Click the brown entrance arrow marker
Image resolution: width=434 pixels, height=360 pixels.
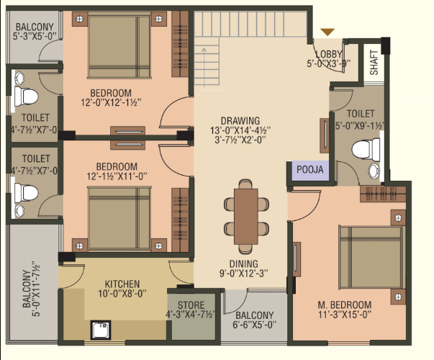(327, 32)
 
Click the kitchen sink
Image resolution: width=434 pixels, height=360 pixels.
(99, 330)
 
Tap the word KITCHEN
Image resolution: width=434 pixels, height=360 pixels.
(122, 284)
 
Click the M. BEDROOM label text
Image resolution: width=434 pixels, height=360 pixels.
(345, 305)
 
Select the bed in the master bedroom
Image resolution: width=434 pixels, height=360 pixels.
(370, 258)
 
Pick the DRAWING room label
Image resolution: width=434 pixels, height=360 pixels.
(240, 120)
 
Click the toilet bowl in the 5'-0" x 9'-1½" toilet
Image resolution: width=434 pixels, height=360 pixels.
(366, 150)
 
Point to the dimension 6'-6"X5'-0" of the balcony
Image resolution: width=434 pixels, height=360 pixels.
(253, 325)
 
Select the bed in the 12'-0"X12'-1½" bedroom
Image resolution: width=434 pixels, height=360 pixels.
(115, 45)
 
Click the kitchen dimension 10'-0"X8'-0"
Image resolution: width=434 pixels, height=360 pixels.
(122, 294)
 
